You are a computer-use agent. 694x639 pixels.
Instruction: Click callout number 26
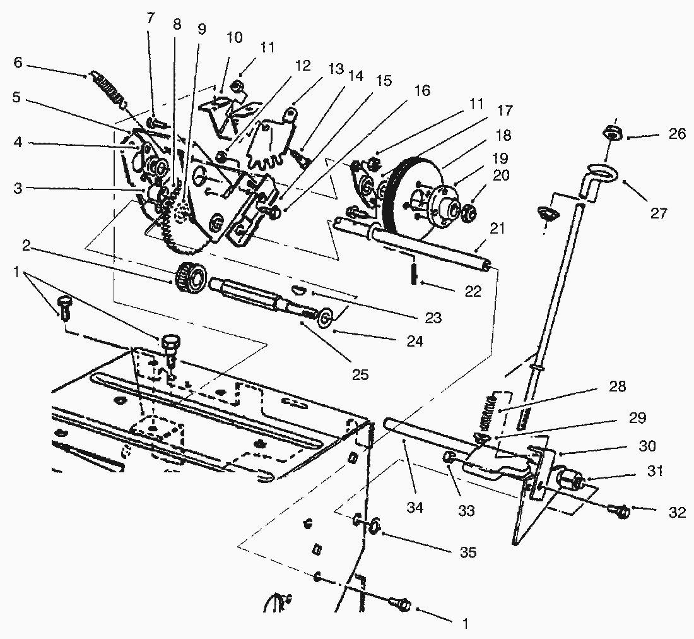(661, 134)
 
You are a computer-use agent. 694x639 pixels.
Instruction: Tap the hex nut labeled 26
(610, 133)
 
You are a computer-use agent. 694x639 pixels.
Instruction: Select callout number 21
(498, 229)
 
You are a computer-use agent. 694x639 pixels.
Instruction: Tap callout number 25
(360, 375)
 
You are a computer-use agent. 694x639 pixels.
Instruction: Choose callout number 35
(468, 552)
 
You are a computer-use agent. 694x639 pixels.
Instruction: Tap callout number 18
(503, 135)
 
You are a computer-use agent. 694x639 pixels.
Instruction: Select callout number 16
(422, 91)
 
